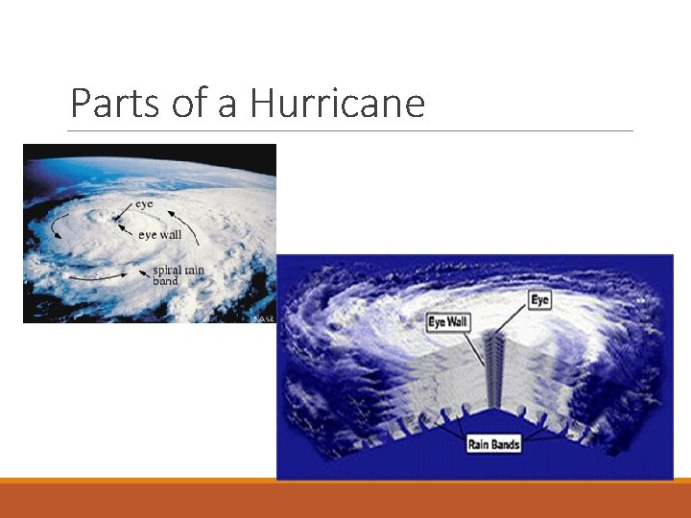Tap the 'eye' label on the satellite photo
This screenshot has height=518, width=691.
coord(144,204)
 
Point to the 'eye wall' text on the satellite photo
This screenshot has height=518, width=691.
coord(159,235)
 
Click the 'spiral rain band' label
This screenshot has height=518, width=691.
coord(179,275)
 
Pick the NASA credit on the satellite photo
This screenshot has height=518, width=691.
coord(263,318)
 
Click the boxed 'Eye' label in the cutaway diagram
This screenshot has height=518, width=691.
coord(540,300)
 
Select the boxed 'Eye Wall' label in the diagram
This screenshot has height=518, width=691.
coord(447,321)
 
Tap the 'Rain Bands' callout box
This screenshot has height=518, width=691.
coord(493,444)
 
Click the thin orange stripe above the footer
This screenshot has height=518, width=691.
coord(345,481)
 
